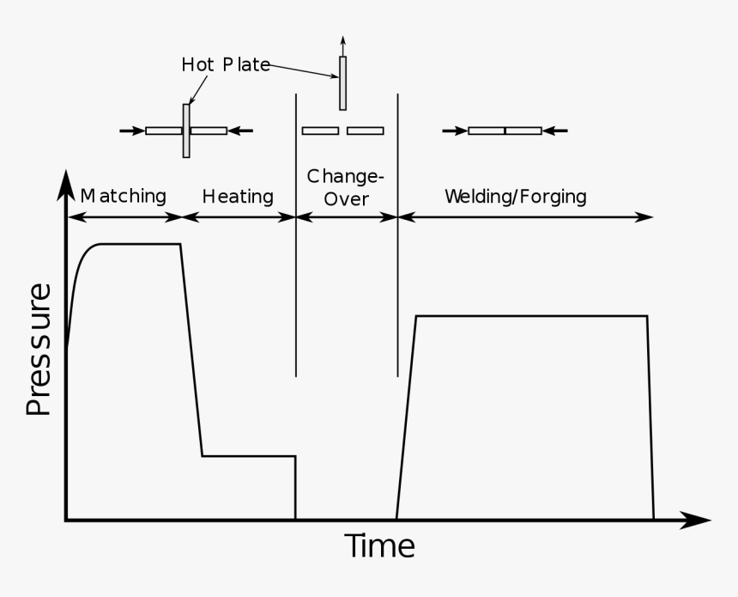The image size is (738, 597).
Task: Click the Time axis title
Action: click(379, 546)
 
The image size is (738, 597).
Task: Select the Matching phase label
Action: click(123, 196)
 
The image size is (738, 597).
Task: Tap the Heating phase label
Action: click(238, 197)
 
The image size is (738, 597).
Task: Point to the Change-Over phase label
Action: click(346, 187)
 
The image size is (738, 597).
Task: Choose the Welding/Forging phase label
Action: click(515, 197)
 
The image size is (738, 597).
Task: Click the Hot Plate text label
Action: click(226, 65)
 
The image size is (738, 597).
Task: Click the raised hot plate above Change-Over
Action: click(343, 83)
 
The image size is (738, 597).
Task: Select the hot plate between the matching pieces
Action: click(186, 131)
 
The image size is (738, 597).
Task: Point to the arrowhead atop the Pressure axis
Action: click(65, 182)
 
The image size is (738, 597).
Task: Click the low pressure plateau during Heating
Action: click(249, 455)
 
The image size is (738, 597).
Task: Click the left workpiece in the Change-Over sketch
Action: click(320, 131)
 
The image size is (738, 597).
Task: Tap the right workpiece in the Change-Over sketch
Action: click(366, 131)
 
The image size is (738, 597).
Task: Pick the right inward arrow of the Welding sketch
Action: click(555, 131)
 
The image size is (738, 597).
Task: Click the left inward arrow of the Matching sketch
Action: click(131, 131)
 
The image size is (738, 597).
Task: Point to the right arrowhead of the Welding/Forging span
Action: click(647, 217)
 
